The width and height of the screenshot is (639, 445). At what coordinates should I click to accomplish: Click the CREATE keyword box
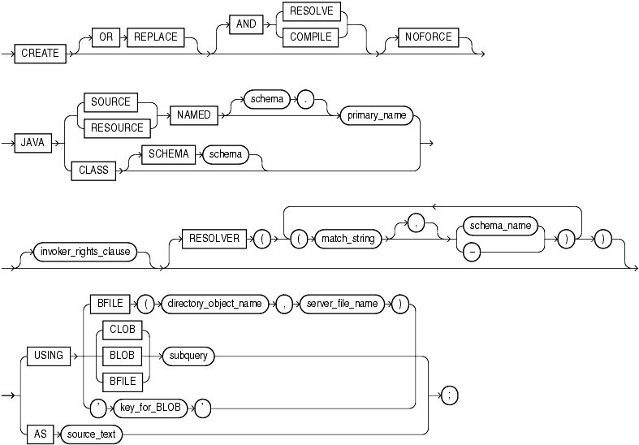click(41, 53)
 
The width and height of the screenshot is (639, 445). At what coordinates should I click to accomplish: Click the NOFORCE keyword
click(428, 37)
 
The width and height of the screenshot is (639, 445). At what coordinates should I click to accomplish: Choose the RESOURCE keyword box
click(111, 127)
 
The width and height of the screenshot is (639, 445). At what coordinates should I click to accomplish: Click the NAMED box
click(193, 115)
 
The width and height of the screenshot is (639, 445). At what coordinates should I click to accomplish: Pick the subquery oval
click(187, 354)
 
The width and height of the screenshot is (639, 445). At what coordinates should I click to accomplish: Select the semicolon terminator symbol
click(448, 395)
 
